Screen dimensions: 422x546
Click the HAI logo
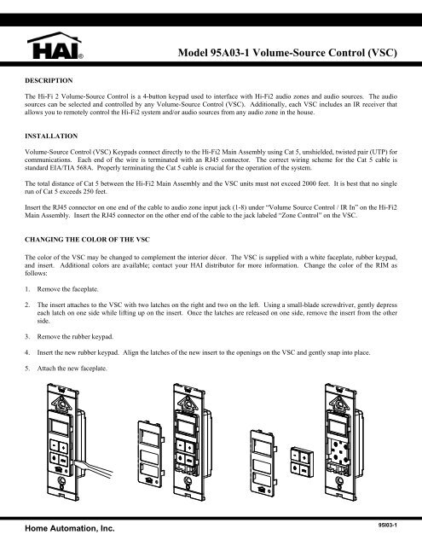click(55, 45)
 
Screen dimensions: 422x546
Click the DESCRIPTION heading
click(49, 80)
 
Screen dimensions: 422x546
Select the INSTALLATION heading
click(51, 136)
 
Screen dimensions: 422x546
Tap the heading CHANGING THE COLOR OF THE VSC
click(87, 240)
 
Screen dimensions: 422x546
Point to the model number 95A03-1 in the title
click(230, 53)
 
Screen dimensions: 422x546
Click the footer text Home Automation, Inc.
click(70, 528)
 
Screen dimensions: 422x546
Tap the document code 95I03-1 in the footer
click(388, 525)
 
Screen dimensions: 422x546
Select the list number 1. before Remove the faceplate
click(27, 289)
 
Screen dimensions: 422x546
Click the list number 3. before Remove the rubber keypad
click(27, 337)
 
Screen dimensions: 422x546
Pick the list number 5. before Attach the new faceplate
click(27, 369)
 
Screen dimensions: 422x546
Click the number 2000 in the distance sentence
click(309, 183)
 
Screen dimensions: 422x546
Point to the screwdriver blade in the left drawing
click(93, 468)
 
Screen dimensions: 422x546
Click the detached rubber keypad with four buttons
click(302, 461)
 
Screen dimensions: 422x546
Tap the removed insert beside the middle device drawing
click(151, 454)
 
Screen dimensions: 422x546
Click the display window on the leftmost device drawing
click(59, 427)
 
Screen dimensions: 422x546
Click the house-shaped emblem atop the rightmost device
click(338, 403)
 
